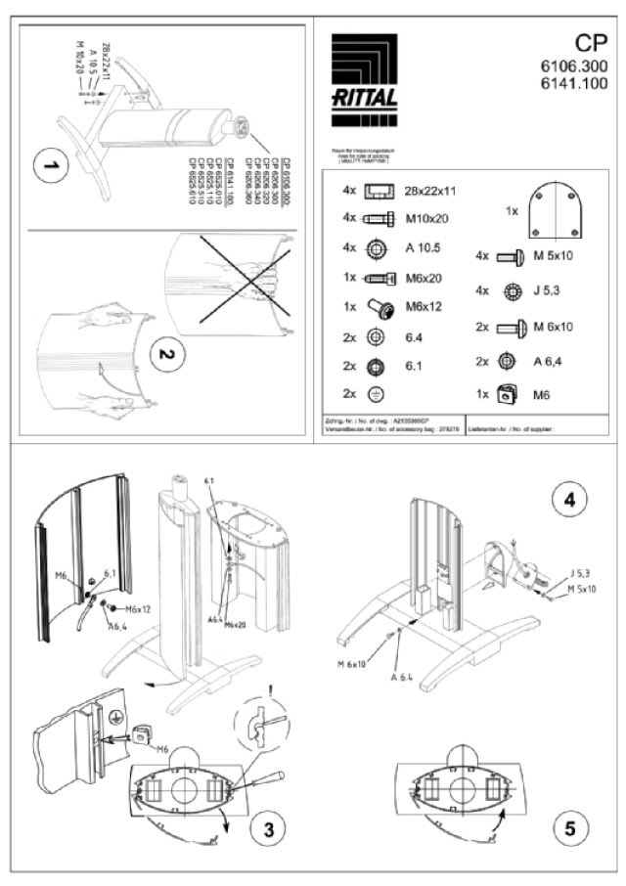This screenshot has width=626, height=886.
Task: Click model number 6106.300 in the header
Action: [573, 66]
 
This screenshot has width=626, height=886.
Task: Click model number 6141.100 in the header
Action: [573, 84]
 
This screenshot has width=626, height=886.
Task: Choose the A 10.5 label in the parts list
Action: [425, 248]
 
